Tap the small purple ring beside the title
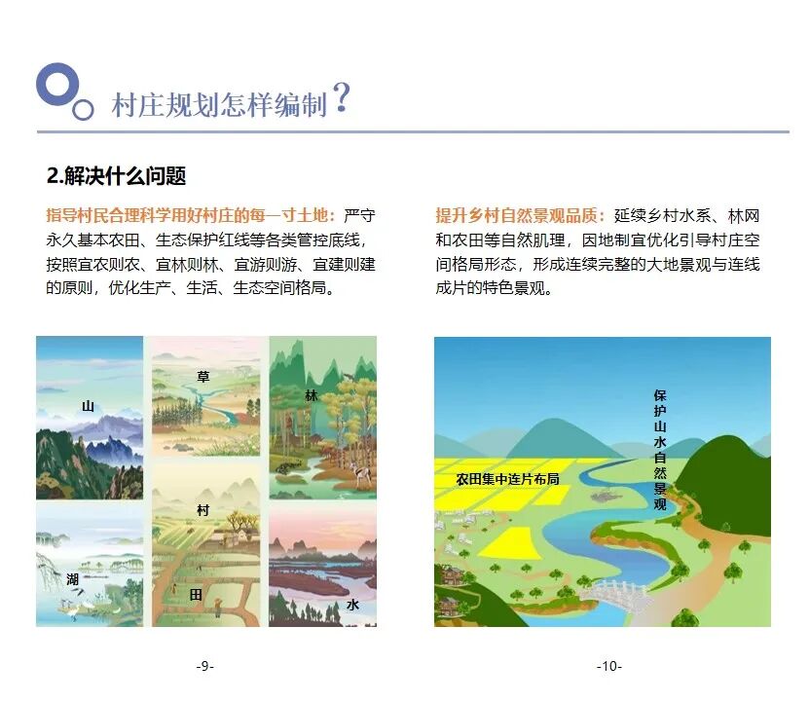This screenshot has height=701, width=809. point(84,109)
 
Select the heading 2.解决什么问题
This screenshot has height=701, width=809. point(116,176)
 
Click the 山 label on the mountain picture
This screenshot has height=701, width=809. point(89,406)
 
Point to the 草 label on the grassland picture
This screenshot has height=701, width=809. point(203,376)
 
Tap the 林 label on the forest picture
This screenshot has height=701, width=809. point(312,395)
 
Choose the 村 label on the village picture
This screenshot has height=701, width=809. point(202,510)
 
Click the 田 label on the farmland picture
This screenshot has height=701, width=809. point(196,593)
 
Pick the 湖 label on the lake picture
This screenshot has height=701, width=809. point(73,579)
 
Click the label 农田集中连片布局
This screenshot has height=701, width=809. point(507,479)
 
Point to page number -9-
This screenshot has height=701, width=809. point(204,666)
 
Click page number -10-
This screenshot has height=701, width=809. point(608,666)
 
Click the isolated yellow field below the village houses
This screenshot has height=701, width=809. point(510,541)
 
